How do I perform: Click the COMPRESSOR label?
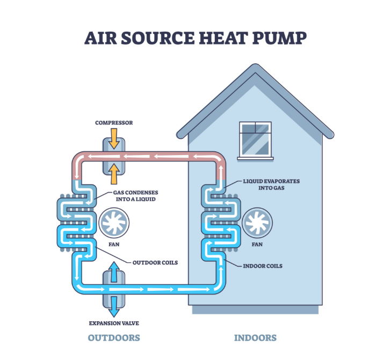114,123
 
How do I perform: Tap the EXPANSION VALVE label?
114,324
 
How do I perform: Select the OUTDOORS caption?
114,338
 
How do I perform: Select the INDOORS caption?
255,338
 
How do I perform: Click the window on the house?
255,138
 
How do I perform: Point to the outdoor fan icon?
114,223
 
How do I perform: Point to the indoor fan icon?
256,223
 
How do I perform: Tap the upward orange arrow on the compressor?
114,173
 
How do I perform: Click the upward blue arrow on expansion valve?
114,271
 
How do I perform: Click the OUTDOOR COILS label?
155,262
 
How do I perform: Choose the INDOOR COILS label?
263,266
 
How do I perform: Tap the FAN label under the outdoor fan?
114,245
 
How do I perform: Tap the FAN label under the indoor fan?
256,245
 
